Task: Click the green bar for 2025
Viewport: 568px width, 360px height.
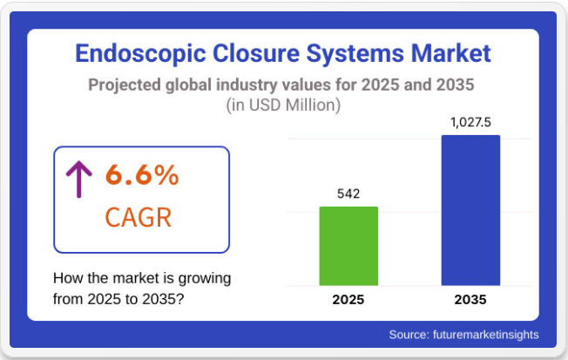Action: (x=348, y=246)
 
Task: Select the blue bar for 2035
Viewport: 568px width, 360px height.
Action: (x=470, y=210)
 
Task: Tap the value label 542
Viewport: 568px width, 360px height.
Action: (x=348, y=194)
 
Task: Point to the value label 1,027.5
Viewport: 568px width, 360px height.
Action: (x=470, y=122)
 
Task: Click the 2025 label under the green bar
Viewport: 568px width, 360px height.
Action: (x=348, y=300)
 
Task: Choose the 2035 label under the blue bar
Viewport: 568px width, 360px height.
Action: (x=470, y=300)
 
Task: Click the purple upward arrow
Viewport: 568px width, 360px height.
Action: (x=79, y=179)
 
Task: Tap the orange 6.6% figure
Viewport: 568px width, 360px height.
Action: (x=142, y=175)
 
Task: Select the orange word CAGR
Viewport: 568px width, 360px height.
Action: (x=138, y=218)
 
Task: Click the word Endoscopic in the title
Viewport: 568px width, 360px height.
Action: (x=140, y=54)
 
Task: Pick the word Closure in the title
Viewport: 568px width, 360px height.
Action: (x=256, y=53)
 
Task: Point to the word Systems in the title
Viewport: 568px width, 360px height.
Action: (x=355, y=54)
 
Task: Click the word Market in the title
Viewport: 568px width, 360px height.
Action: (x=450, y=53)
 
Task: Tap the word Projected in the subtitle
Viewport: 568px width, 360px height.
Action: (x=125, y=85)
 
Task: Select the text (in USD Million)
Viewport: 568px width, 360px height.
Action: (x=283, y=105)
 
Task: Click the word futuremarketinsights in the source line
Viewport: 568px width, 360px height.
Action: (x=486, y=334)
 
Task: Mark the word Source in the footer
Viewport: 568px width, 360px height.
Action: (x=409, y=334)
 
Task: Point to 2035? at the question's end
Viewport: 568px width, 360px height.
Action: (x=163, y=299)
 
